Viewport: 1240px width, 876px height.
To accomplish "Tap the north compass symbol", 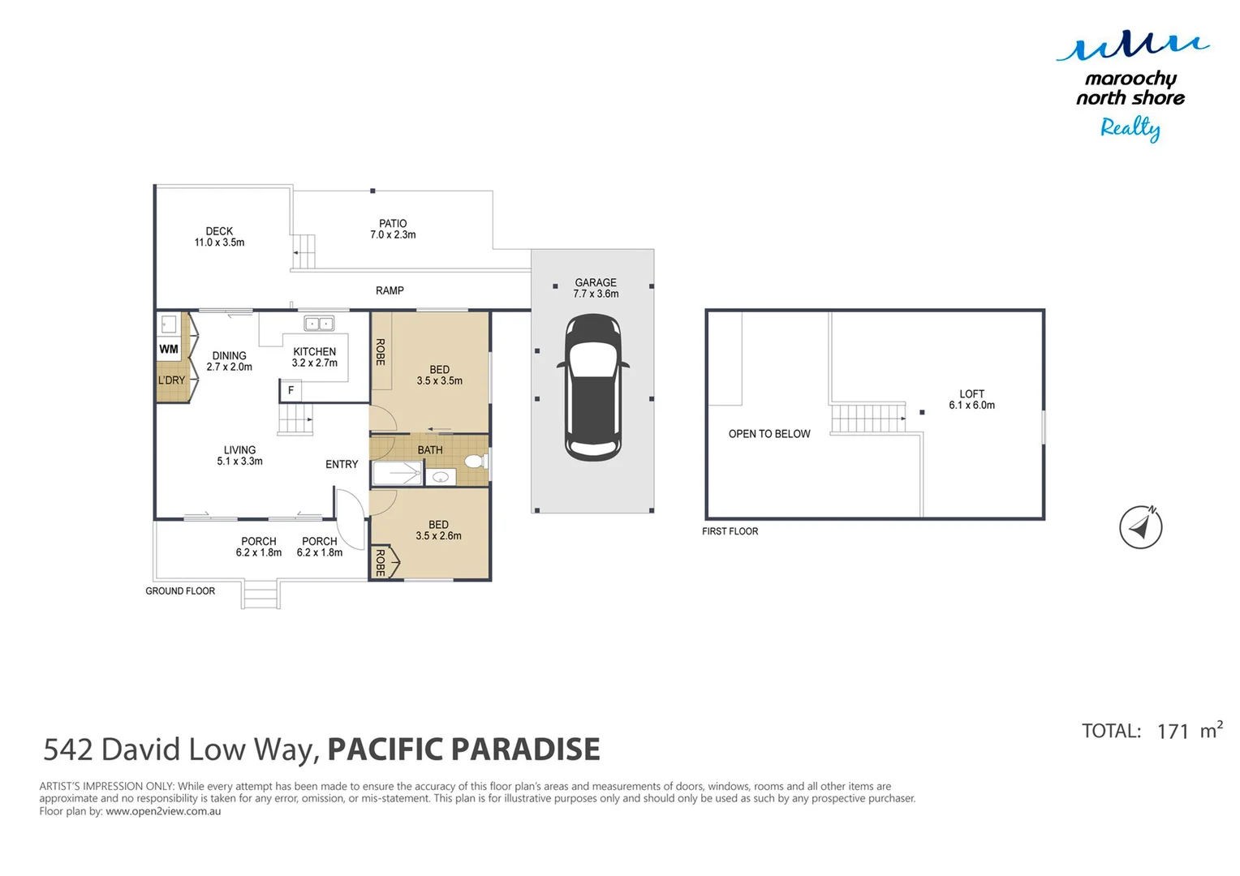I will tap(1140, 527).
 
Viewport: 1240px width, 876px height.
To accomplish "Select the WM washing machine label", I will tap(169, 350).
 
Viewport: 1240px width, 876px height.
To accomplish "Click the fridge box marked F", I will tap(291, 391).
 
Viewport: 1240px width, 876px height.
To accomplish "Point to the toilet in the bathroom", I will tap(475, 462).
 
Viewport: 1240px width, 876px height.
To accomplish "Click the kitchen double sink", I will tap(319, 324).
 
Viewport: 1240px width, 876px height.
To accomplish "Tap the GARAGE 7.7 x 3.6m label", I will tap(596, 288).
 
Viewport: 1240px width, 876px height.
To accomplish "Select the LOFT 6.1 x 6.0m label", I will tap(971, 400).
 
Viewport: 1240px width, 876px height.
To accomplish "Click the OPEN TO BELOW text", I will tap(769, 434).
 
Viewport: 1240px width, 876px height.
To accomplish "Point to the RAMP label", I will tap(390, 290).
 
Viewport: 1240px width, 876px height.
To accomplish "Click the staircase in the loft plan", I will tap(868, 418).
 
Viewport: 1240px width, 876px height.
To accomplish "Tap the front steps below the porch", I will tap(260, 595).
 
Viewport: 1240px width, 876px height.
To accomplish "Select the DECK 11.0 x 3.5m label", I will tap(219, 237).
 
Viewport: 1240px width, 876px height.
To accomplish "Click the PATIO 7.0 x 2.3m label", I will tap(393, 229).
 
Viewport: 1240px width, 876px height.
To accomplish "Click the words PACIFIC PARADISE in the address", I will tap(463, 749).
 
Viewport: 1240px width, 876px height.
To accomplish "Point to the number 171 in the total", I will tap(1173, 732).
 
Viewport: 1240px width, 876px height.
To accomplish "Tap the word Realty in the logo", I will tap(1130, 128).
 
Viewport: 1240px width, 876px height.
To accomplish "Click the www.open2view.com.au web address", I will tap(163, 811).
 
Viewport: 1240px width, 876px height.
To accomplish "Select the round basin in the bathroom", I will tap(440, 478).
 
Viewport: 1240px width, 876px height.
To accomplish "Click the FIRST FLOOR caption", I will tap(730, 531).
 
